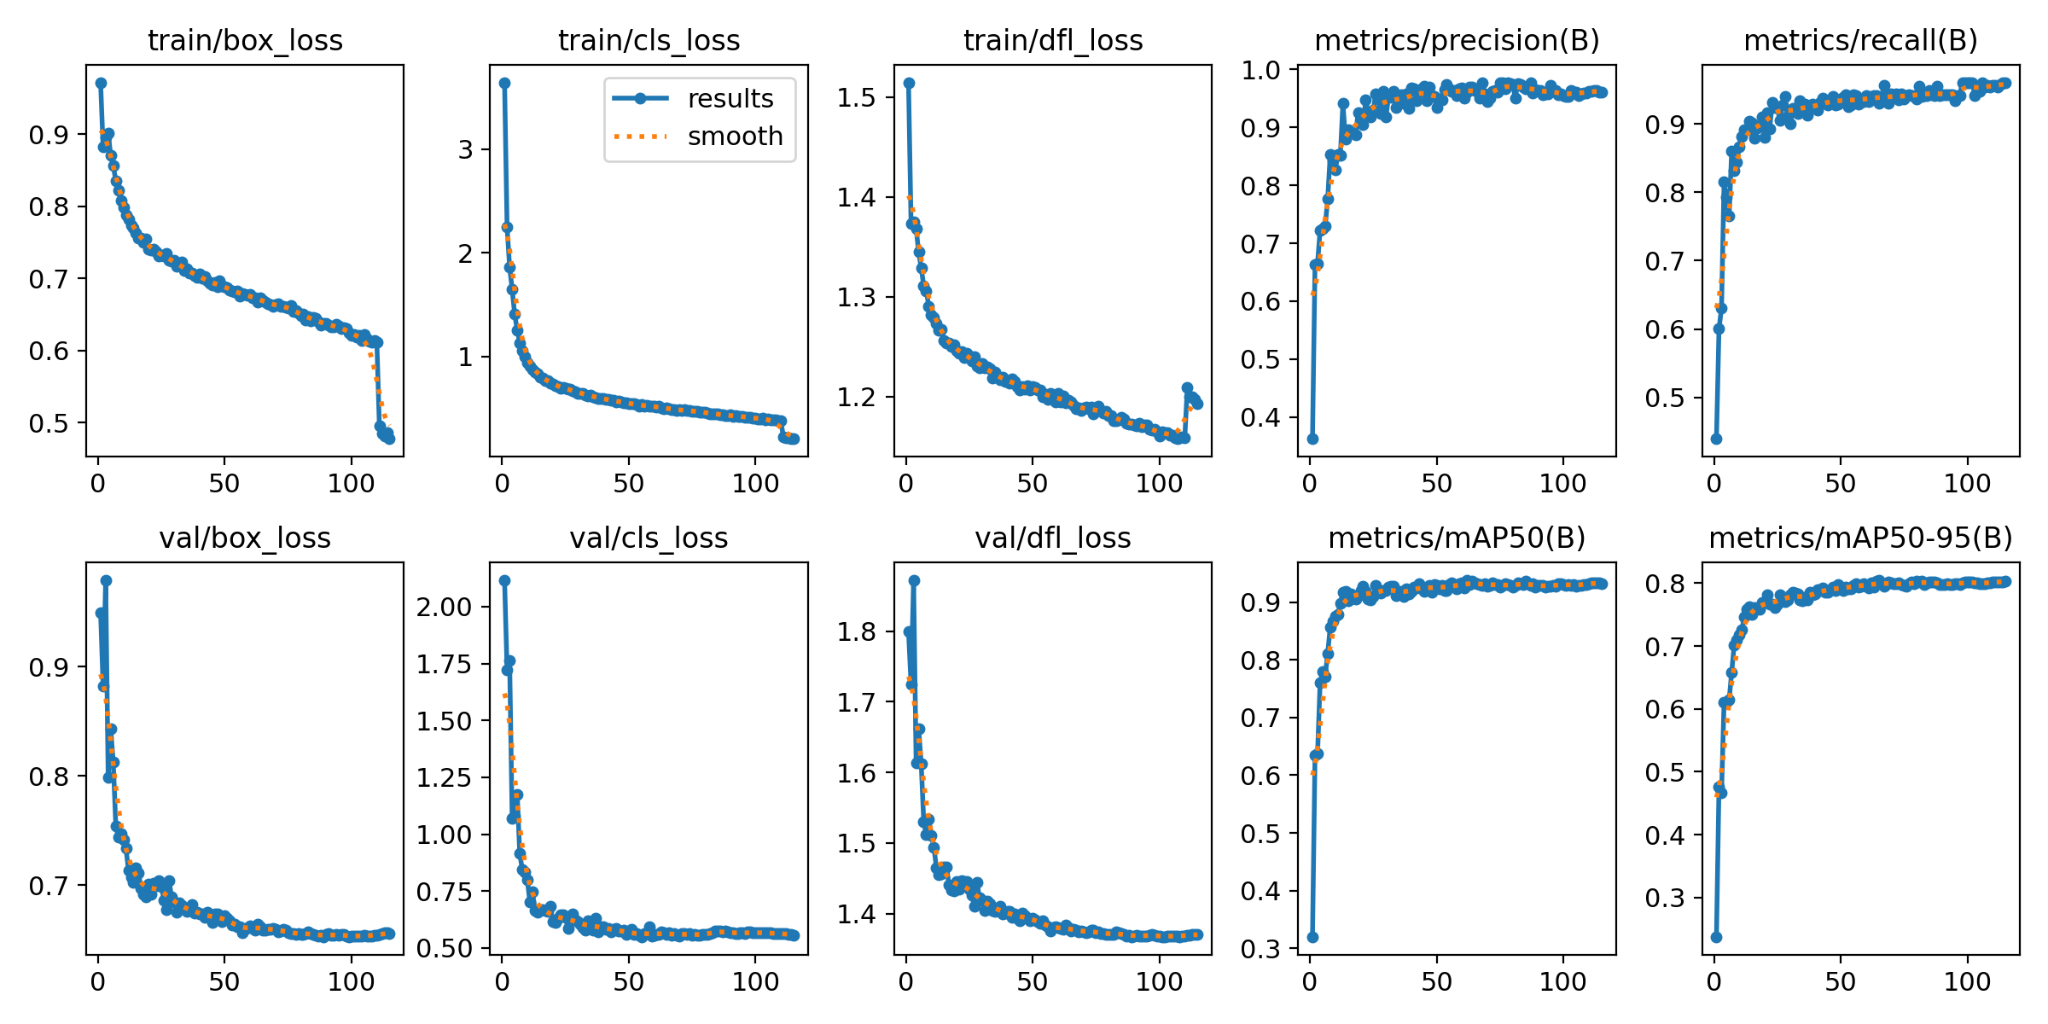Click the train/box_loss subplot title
(x=245, y=40)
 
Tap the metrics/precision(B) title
(x=1457, y=40)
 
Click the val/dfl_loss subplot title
(x=1052, y=538)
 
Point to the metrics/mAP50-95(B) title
(x=1860, y=538)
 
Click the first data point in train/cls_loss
(x=504, y=83)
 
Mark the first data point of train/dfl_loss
(x=909, y=83)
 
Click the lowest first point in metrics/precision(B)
(x=1312, y=439)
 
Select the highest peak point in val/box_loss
(x=106, y=580)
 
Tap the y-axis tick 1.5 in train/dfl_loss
(x=857, y=97)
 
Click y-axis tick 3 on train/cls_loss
(x=465, y=149)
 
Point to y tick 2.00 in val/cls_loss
(x=444, y=607)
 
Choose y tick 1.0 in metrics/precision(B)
(x=1260, y=70)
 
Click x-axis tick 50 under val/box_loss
(x=224, y=982)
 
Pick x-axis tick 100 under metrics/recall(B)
(x=1967, y=484)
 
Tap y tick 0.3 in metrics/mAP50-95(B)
(x=1665, y=898)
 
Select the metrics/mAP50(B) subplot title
(x=1457, y=538)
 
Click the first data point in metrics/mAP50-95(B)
(x=1716, y=937)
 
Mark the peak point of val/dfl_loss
(x=914, y=580)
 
